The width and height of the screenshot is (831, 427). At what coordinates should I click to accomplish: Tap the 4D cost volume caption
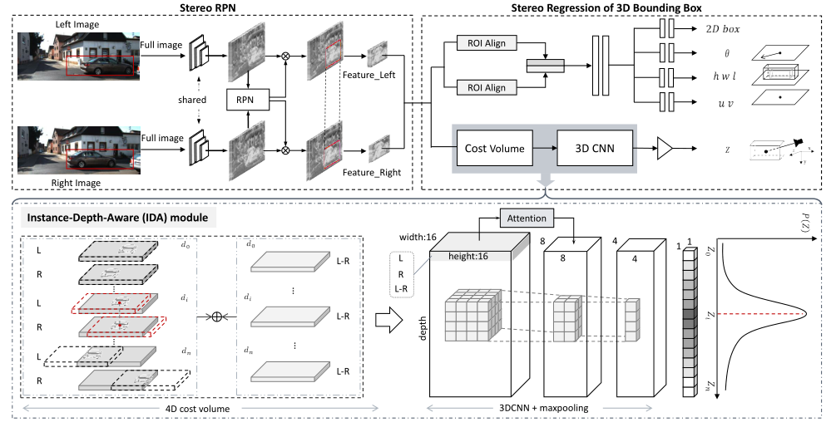point(197,408)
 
